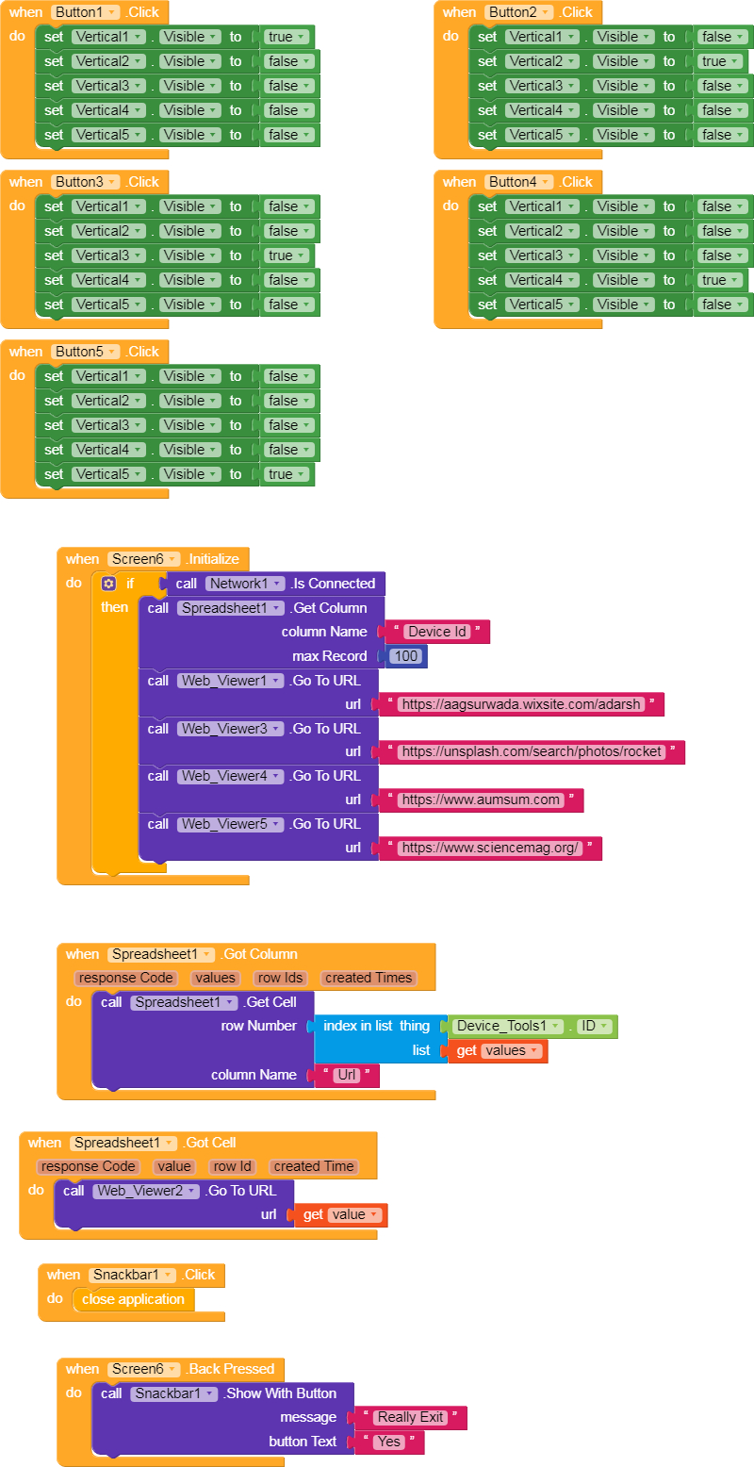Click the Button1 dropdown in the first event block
86,12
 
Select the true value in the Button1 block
287,37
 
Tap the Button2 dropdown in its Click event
519,12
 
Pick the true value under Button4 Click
720,280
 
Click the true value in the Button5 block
287,474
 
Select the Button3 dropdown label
86,182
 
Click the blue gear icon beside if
108,584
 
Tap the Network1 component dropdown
245,584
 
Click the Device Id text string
437,632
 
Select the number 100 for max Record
405,656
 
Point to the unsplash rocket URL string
532,751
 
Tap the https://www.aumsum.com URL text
481,799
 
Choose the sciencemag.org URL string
490,848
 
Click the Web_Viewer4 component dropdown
230,776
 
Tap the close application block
133,1299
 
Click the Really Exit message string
411,1417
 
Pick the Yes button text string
389,1442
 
